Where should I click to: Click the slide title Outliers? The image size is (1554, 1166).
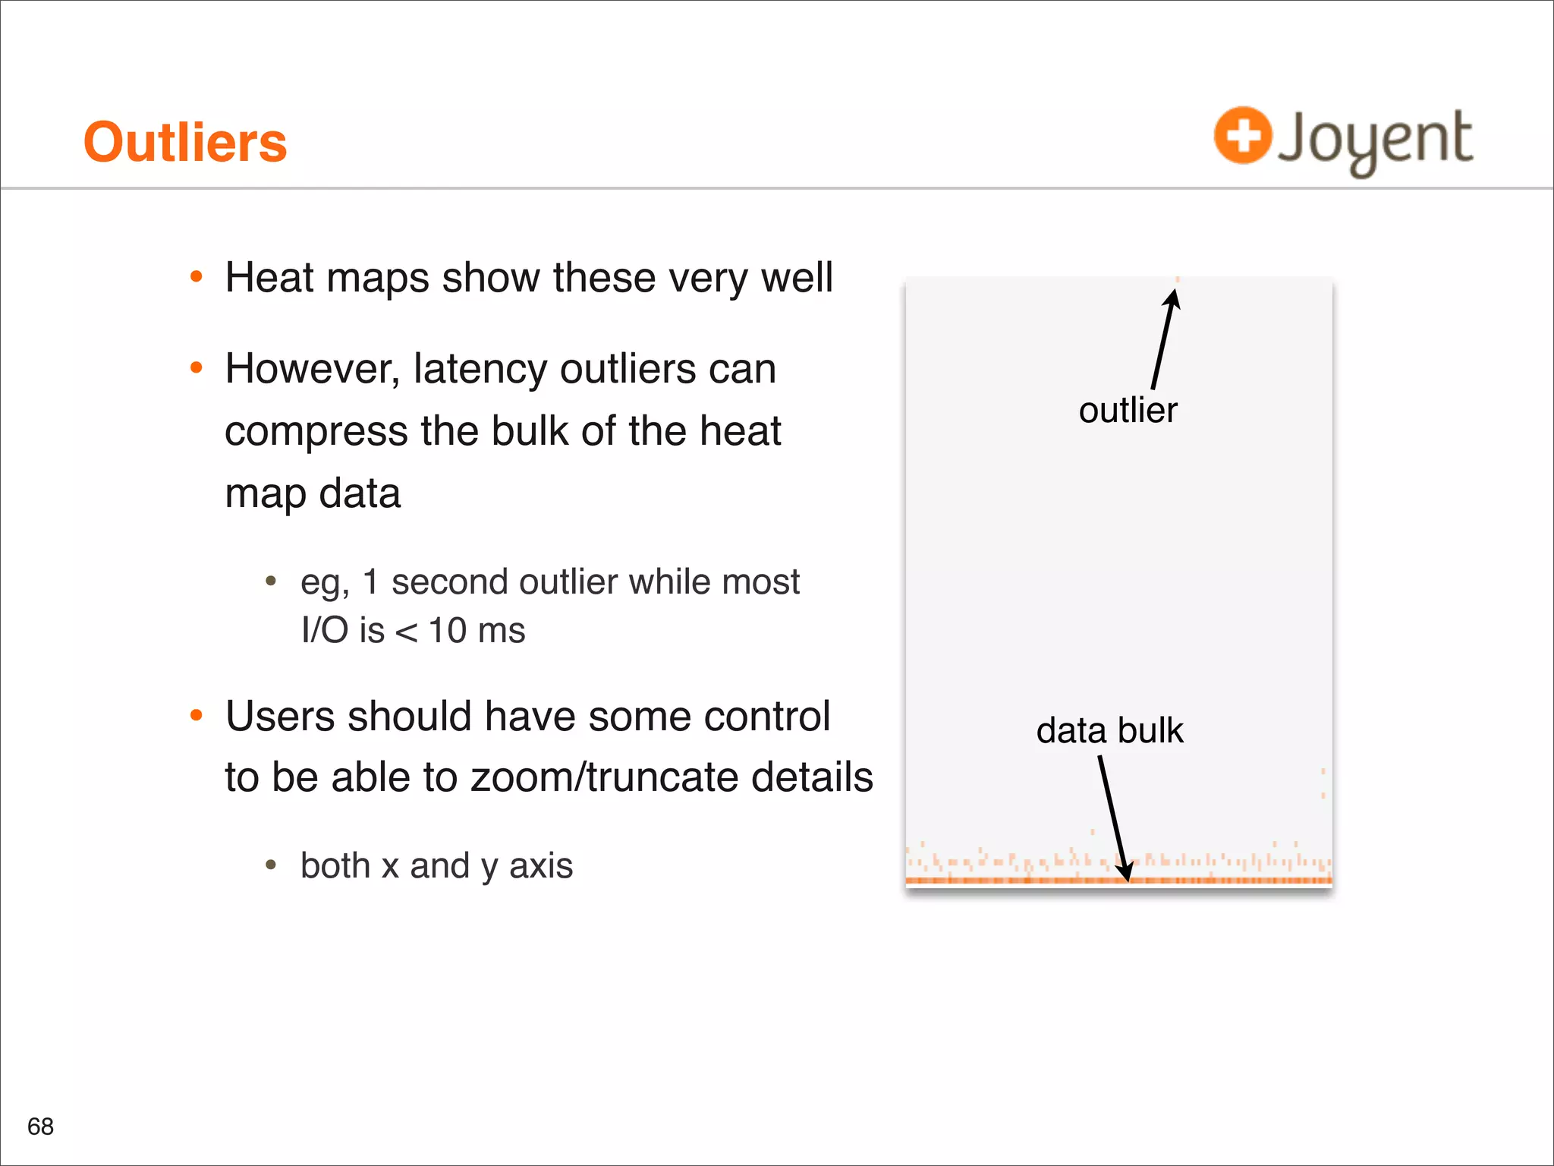[x=185, y=143]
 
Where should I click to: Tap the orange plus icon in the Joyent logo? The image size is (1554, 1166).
[x=1242, y=136]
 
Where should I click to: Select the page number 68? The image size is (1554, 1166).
[x=40, y=1127]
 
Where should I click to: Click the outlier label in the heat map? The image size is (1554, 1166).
[x=1128, y=411]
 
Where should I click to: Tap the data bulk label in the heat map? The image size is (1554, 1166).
[x=1109, y=730]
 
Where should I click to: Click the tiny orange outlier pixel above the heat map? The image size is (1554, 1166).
[x=1177, y=279]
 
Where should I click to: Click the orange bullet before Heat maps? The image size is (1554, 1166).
[x=197, y=277]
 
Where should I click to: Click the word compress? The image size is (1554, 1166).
[x=316, y=432]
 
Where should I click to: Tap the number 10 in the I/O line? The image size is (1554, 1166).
[x=447, y=631]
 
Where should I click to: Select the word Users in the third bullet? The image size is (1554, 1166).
[x=280, y=717]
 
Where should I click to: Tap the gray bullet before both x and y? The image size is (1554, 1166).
[x=271, y=865]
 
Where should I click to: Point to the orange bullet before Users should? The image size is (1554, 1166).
[x=197, y=716]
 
